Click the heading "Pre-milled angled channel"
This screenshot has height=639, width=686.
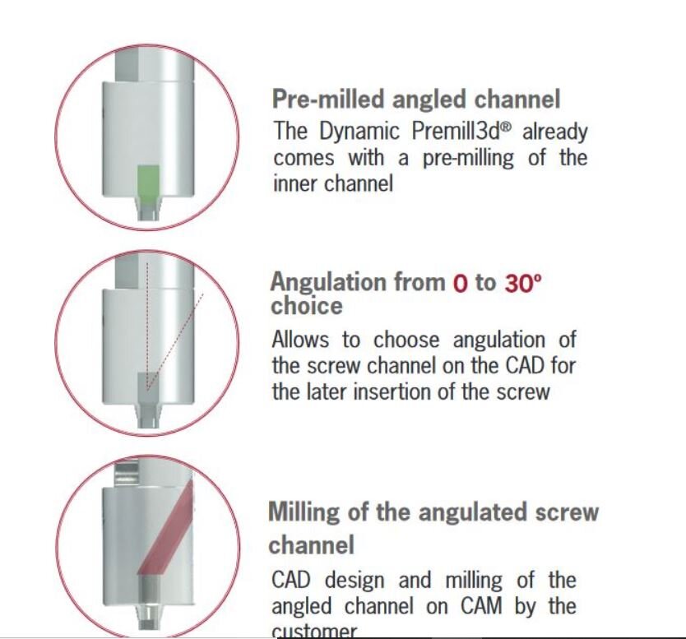[415, 100]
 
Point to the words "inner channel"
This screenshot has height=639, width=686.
[332, 183]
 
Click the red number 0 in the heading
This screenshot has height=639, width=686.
[460, 283]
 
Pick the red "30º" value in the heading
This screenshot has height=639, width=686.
[523, 283]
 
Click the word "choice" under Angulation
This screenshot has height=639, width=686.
[306, 306]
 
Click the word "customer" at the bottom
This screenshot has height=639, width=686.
[314, 632]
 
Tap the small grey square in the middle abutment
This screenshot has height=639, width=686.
[146, 380]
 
